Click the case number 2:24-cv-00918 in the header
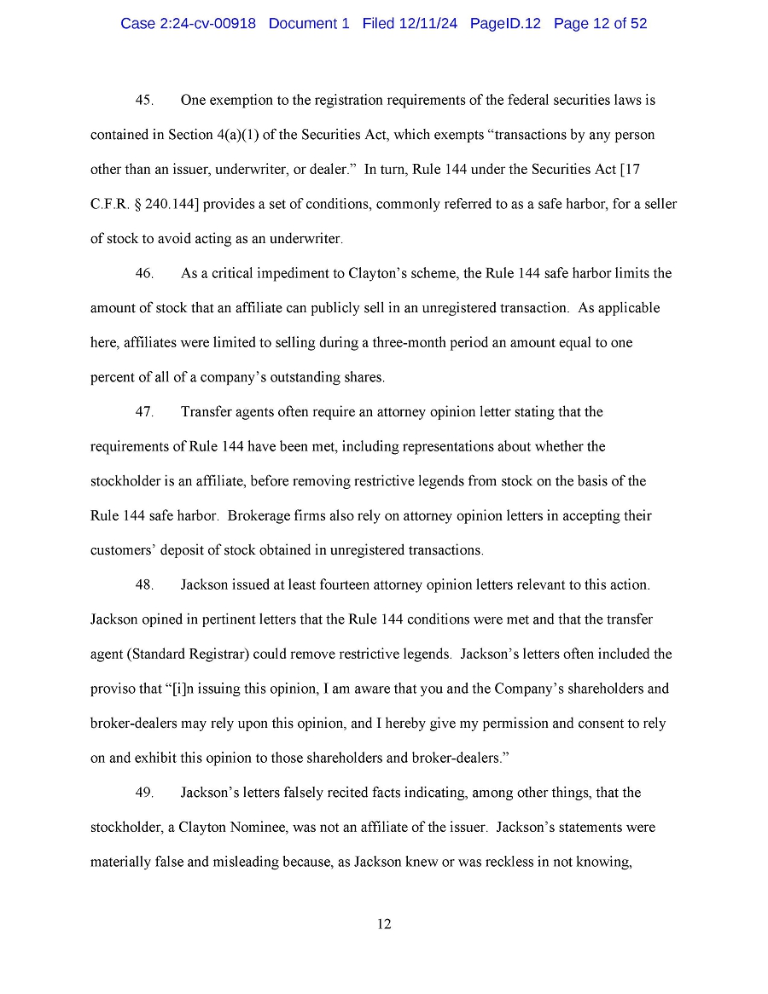(207, 24)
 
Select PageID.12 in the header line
(505, 24)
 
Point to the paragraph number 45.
(144, 101)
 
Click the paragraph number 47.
(144, 412)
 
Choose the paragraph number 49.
(144, 793)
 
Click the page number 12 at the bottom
(384, 924)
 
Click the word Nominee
(300, 828)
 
